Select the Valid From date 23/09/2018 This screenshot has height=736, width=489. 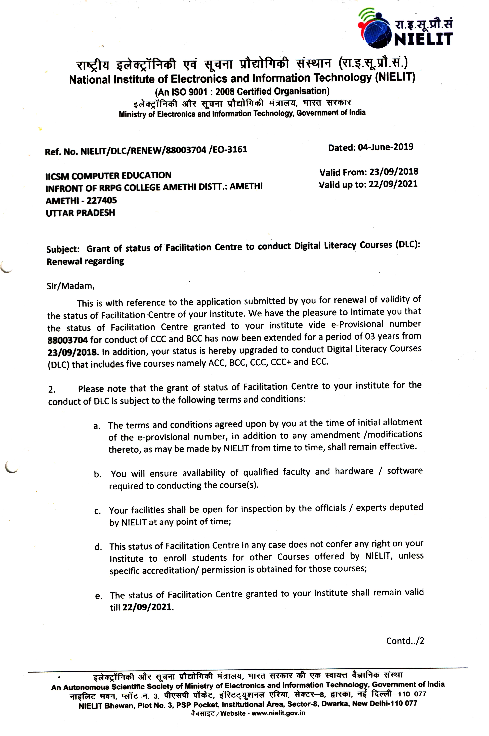394,172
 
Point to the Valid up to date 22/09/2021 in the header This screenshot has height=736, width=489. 393,184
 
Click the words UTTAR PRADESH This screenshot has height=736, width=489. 80,213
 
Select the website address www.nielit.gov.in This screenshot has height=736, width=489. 278,713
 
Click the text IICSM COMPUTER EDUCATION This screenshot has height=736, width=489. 108,176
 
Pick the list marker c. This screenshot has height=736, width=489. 97,511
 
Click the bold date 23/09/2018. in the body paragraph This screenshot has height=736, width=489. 74,352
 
